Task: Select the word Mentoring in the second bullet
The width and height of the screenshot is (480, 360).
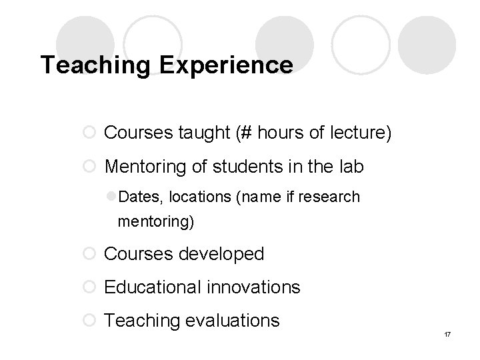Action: tap(147, 166)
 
